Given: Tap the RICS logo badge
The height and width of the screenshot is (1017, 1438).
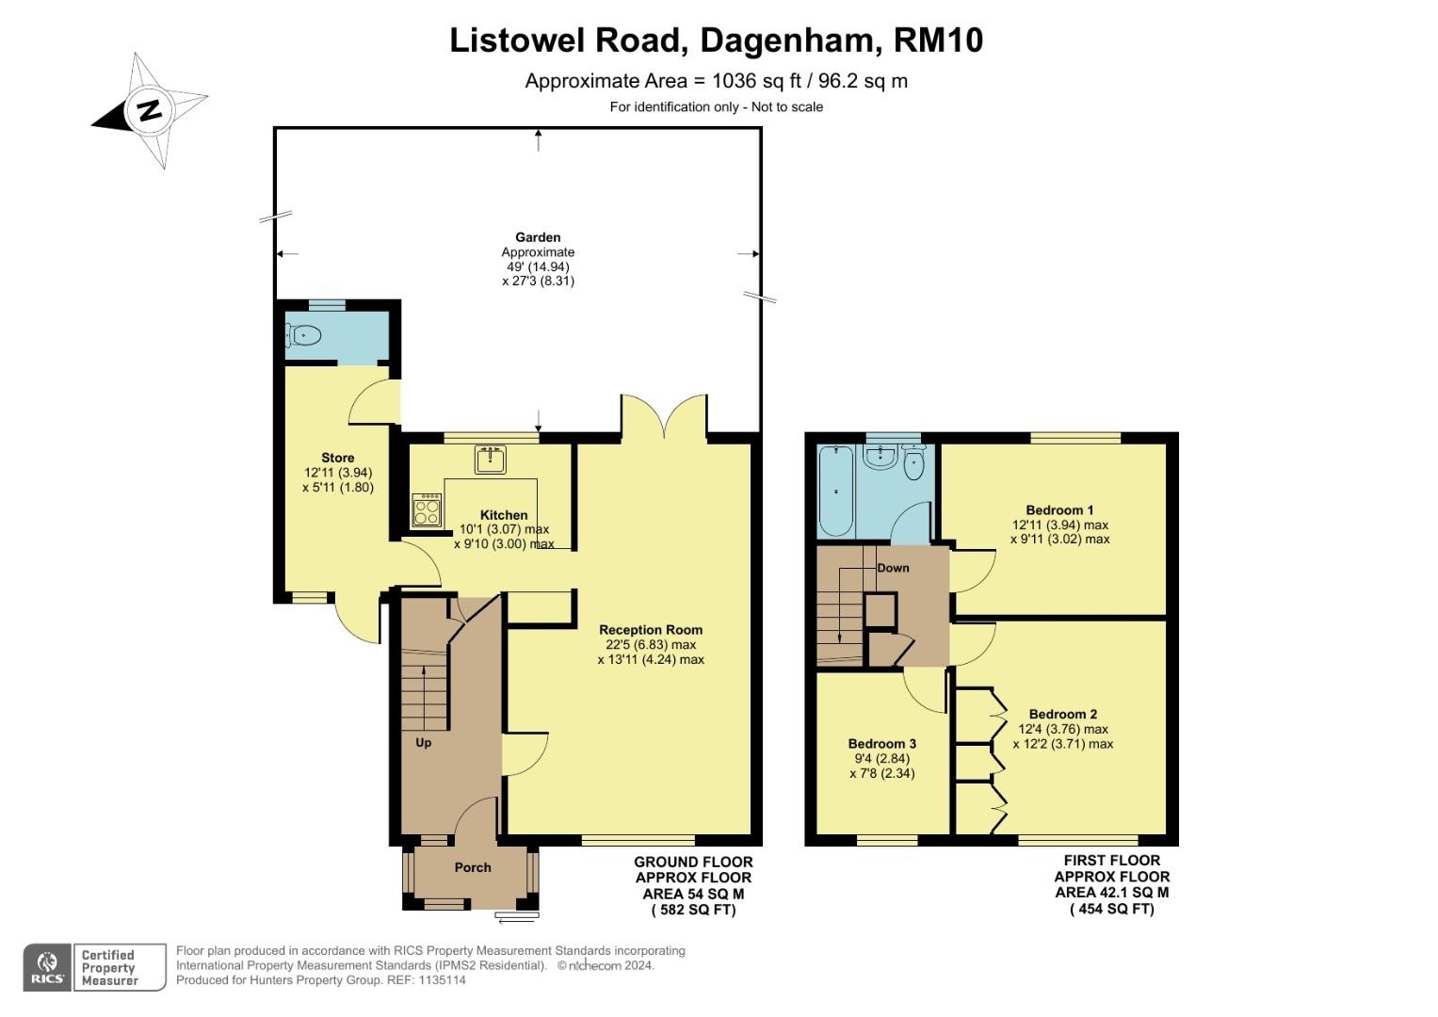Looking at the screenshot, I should coord(47,967).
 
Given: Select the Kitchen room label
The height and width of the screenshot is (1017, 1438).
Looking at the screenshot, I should coord(504,515).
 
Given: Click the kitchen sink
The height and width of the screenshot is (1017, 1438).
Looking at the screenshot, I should coord(490,460).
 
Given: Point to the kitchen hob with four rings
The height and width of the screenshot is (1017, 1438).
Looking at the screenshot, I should coord(427,511).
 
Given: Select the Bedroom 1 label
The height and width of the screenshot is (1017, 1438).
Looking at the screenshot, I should coord(1059,510).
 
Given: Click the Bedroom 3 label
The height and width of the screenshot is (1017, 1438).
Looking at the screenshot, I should coord(881,744).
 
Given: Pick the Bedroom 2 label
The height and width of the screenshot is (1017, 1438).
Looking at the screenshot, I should coord(1062,715).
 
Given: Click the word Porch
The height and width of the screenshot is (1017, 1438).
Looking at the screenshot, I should coord(473,867).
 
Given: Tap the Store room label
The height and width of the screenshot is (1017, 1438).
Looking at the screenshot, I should coord(338,458).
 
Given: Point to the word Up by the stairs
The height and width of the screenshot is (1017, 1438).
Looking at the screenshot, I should coord(424,743).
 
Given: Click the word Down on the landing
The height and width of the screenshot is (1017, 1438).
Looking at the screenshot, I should coord(893,568).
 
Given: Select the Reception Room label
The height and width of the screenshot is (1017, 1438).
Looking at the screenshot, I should coord(651,630).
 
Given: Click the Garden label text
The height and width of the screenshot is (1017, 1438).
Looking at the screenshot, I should coord(538,238).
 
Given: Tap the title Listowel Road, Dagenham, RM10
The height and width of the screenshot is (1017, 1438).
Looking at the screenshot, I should coord(716,40).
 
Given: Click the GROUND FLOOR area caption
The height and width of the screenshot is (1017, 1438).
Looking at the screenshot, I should coord(693,862).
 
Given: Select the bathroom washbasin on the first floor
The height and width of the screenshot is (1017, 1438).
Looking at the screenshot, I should coord(881,458).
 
